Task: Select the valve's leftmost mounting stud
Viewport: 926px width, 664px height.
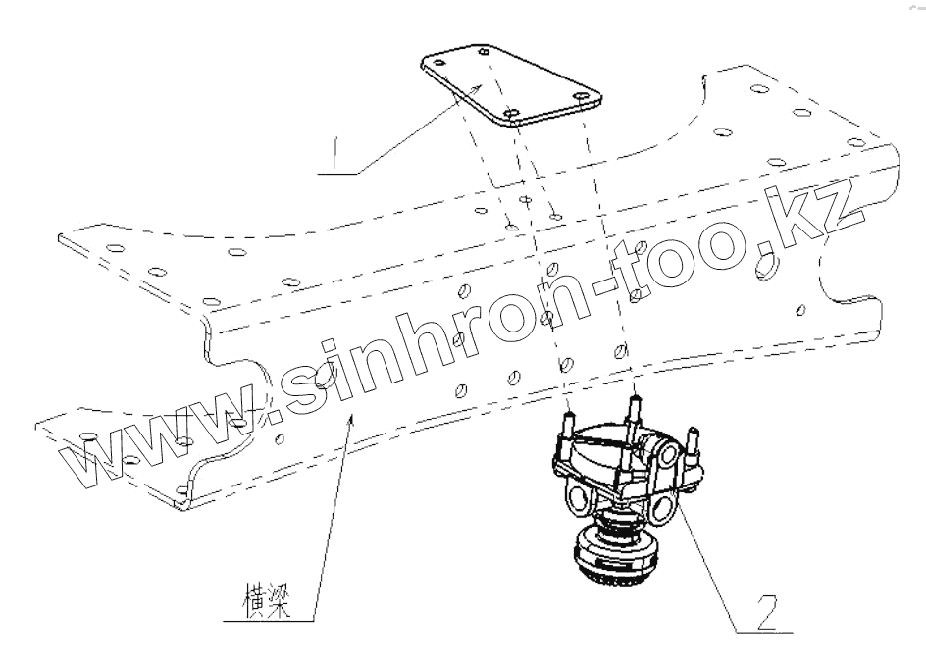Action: coord(567,428)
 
